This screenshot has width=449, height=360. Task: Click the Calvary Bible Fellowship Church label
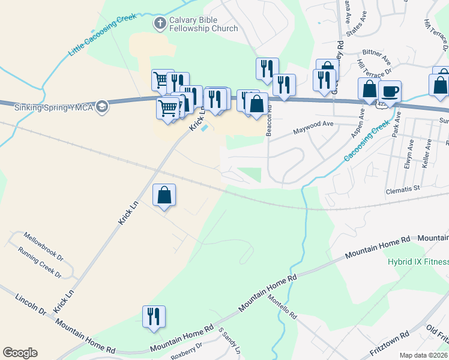pos(203,24)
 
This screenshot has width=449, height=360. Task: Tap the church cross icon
pos(160,23)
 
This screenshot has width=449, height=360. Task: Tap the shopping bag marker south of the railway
pos(164,195)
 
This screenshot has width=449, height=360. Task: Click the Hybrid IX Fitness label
pos(418,262)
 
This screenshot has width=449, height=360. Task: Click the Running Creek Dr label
pos(40,262)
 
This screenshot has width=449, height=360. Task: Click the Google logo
pos(20,353)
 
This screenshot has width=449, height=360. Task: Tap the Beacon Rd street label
pos(269,121)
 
